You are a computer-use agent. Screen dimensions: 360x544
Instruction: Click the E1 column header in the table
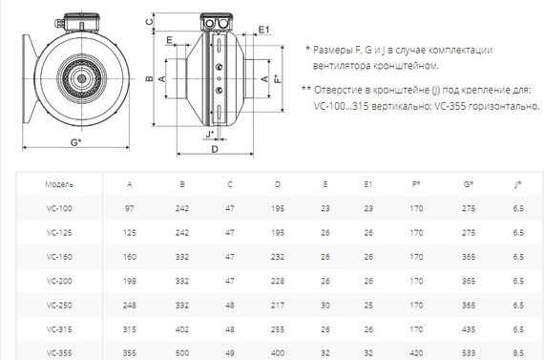click(369, 181)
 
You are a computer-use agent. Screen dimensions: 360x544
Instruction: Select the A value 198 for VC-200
click(131, 281)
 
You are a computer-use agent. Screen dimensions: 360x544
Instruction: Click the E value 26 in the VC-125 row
click(324, 231)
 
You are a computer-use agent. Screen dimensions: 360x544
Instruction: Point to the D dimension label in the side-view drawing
click(214, 149)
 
